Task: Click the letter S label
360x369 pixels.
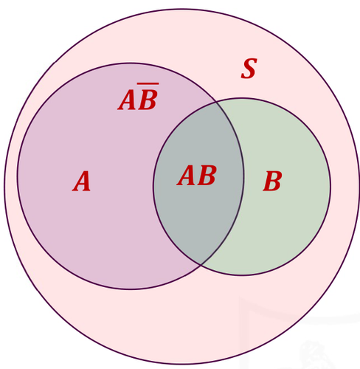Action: (249, 69)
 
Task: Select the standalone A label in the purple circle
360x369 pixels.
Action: (82, 181)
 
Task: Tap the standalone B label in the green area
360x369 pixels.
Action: (272, 181)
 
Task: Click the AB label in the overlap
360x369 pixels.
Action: (197, 175)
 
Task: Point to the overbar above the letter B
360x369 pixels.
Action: (148, 84)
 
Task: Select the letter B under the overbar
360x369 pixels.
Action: (148, 100)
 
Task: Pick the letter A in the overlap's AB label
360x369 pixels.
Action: (186, 175)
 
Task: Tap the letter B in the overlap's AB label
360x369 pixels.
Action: (207, 175)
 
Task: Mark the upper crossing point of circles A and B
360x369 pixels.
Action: (216, 102)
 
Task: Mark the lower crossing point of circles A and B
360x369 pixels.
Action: (201, 265)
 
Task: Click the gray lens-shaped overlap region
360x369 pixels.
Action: (198, 209)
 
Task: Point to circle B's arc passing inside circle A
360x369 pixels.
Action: (153, 183)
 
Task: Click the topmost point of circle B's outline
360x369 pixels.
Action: (242, 98)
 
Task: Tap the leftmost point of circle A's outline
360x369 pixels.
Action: (17, 176)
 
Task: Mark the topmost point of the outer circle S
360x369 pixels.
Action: (182, 10)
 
